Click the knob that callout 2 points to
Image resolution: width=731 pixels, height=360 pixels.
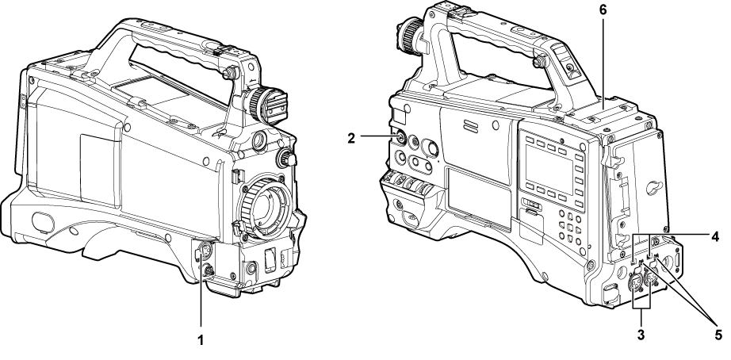tap(398, 137)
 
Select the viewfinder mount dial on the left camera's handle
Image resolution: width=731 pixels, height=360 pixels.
tap(264, 103)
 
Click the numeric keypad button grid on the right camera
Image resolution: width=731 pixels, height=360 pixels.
tap(572, 226)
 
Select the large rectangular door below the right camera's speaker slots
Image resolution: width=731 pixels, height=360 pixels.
tap(473, 190)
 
